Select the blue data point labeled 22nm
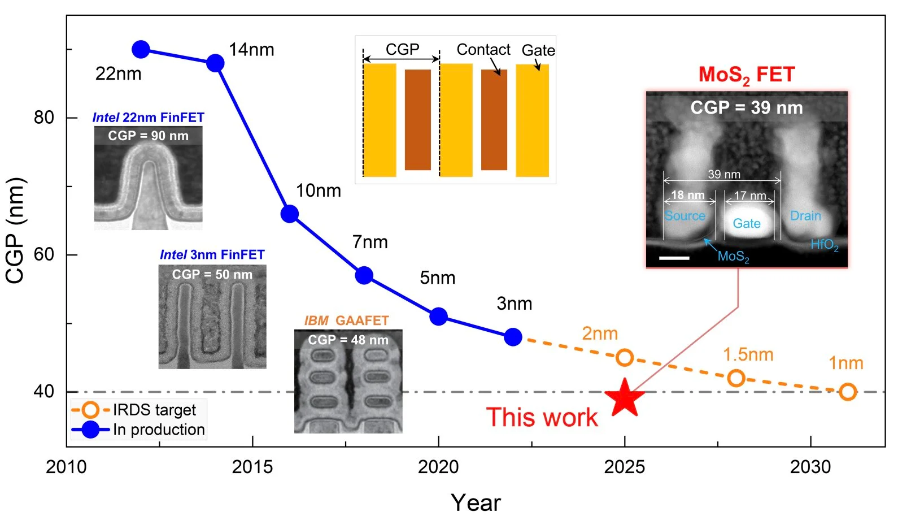[x=141, y=50]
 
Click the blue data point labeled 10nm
[x=290, y=214]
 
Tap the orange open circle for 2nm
[x=624, y=357]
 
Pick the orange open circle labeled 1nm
[x=847, y=391]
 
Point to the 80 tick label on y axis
[x=44, y=118]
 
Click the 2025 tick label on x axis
[x=624, y=467]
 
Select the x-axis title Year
[x=476, y=502]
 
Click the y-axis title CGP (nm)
[x=15, y=230]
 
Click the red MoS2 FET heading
[x=746, y=75]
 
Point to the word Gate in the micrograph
[x=746, y=223]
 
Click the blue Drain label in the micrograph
[x=805, y=216]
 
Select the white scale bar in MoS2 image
[x=674, y=258]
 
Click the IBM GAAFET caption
[x=346, y=320]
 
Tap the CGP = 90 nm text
[x=148, y=136]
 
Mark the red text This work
[x=542, y=417]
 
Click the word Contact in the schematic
[x=483, y=50]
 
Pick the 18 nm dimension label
[x=687, y=195]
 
